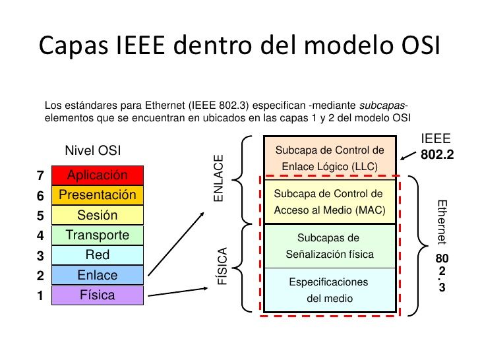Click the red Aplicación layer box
pyautogui.click(x=97, y=175)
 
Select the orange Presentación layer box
pyautogui.click(x=97, y=195)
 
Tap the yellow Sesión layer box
pyautogui.click(x=97, y=215)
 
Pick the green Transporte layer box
pyautogui.click(x=97, y=235)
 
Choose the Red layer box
pyautogui.click(x=97, y=255)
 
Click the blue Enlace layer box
pyautogui.click(x=97, y=275)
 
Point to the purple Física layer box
pyautogui.click(x=97, y=295)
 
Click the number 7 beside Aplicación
pyautogui.click(x=40, y=176)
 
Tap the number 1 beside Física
pyautogui.click(x=40, y=296)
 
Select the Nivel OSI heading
pyautogui.click(x=93, y=151)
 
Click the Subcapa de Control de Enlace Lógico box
pyautogui.click(x=330, y=158)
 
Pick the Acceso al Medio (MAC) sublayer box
pyautogui.click(x=329, y=202)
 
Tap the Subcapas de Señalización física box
pyautogui.click(x=329, y=245)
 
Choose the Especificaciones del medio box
pyautogui.click(x=329, y=290)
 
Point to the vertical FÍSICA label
pyautogui.click(x=222, y=266)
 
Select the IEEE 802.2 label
pyautogui.click(x=436, y=148)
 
